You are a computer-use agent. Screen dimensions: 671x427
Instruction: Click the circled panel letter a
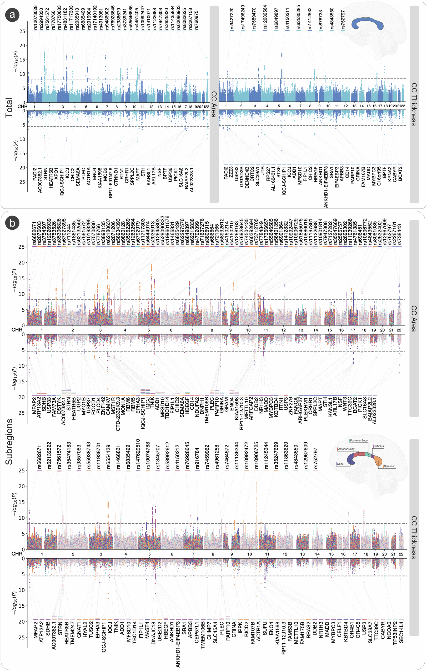pos(12,15)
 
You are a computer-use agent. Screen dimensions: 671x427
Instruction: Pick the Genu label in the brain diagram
pos(340,464)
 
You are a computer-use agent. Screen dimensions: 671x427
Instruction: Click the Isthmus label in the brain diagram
pos(379,446)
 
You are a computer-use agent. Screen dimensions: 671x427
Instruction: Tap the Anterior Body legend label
pos(346,449)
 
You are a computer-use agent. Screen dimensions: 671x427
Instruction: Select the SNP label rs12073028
pos(35,17)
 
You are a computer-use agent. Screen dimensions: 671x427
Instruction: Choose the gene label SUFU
pos(265,630)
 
